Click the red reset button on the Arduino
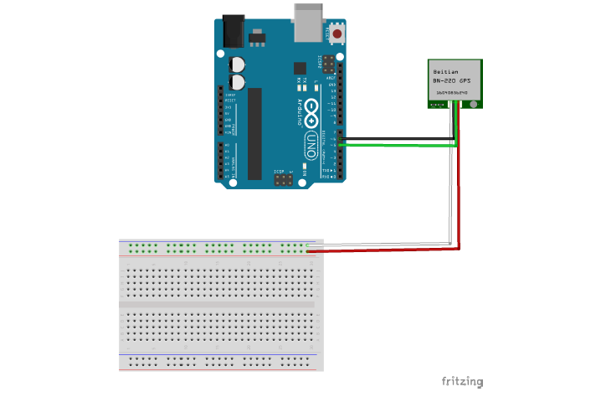336,34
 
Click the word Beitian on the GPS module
445,72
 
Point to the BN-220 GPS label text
452,80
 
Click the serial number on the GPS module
452,92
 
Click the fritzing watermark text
462,382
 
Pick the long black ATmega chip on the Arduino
254,133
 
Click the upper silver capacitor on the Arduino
239,64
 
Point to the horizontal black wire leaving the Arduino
393,139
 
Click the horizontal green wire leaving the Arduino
393,145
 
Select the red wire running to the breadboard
385,250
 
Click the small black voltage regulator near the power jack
255,38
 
